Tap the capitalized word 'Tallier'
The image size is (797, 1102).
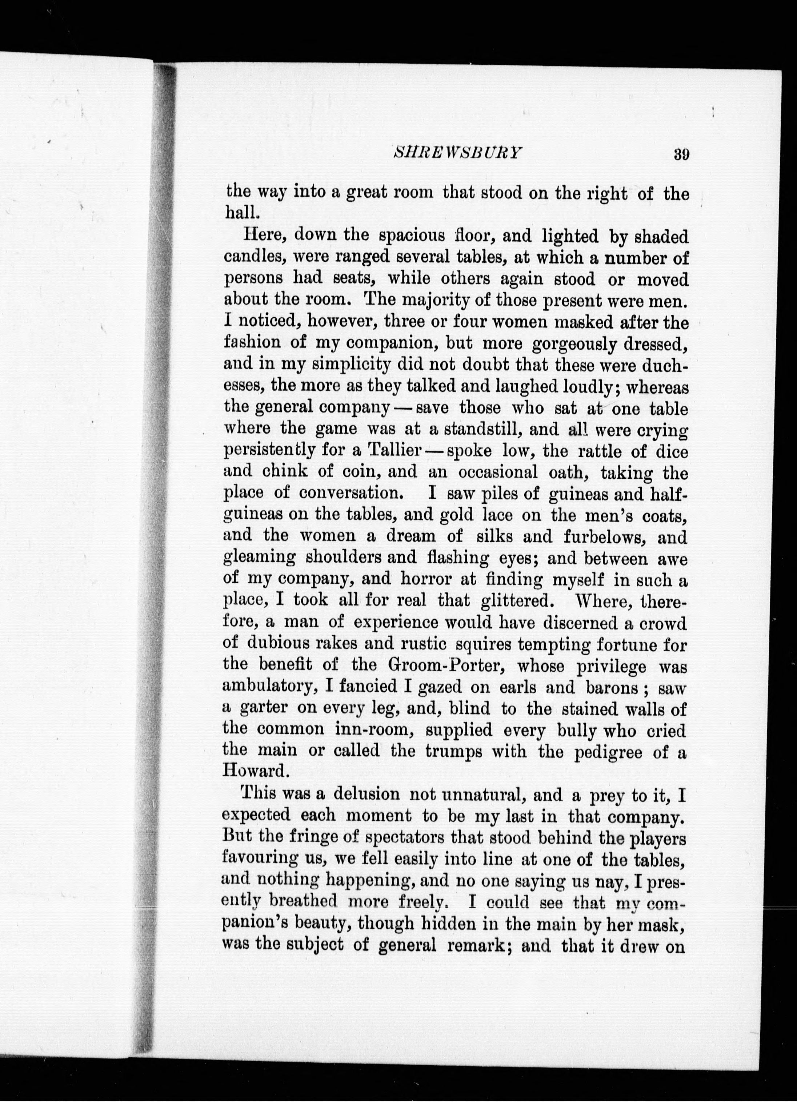(394, 451)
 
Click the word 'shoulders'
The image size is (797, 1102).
(344, 558)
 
